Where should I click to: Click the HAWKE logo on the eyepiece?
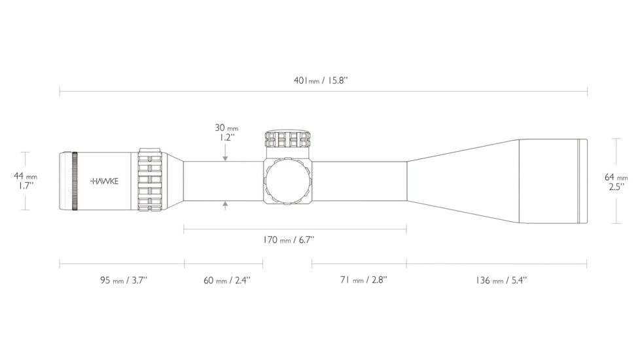click(105, 181)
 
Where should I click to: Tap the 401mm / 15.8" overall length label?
click(321, 81)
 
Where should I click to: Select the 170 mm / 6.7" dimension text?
click(289, 240)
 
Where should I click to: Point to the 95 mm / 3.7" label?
click(123, 280)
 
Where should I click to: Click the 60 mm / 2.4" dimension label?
click(227, 280)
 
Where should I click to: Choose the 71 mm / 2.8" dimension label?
click(364, 280)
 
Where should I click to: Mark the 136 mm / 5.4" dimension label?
click(501, 280)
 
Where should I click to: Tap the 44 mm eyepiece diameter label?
click(26, 176)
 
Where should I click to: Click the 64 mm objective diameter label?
click(616, 177)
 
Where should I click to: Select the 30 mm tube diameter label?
click(226, 128)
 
